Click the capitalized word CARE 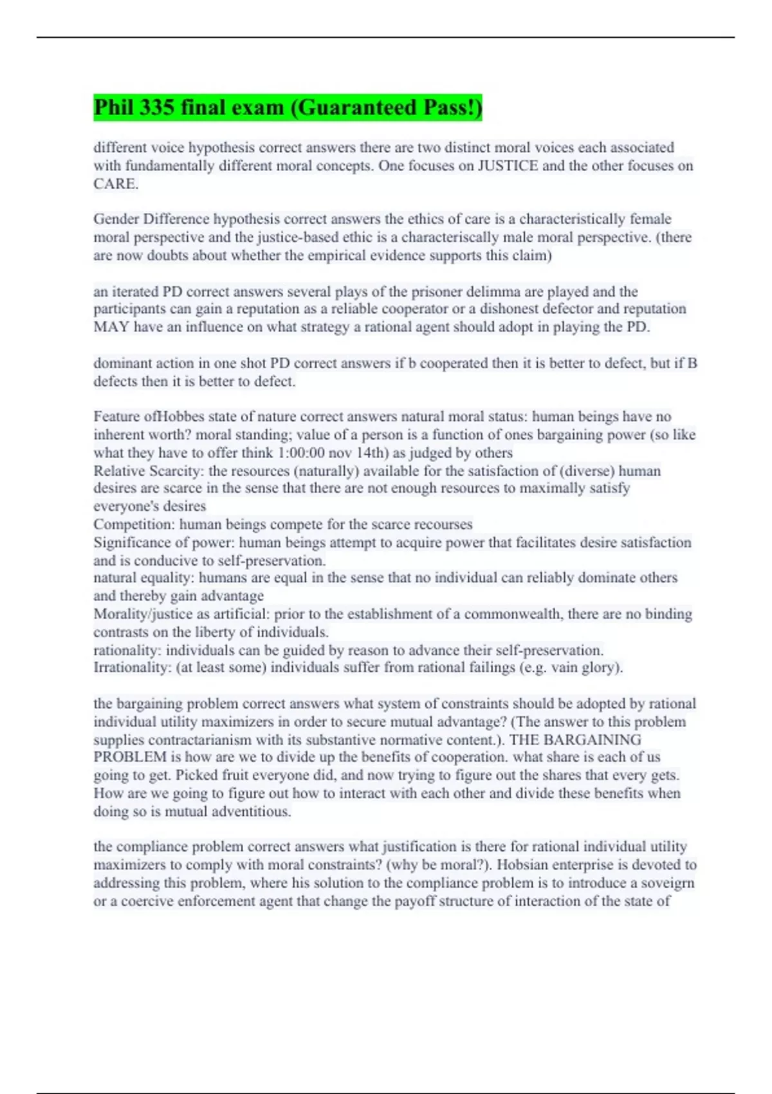point(115,183)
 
